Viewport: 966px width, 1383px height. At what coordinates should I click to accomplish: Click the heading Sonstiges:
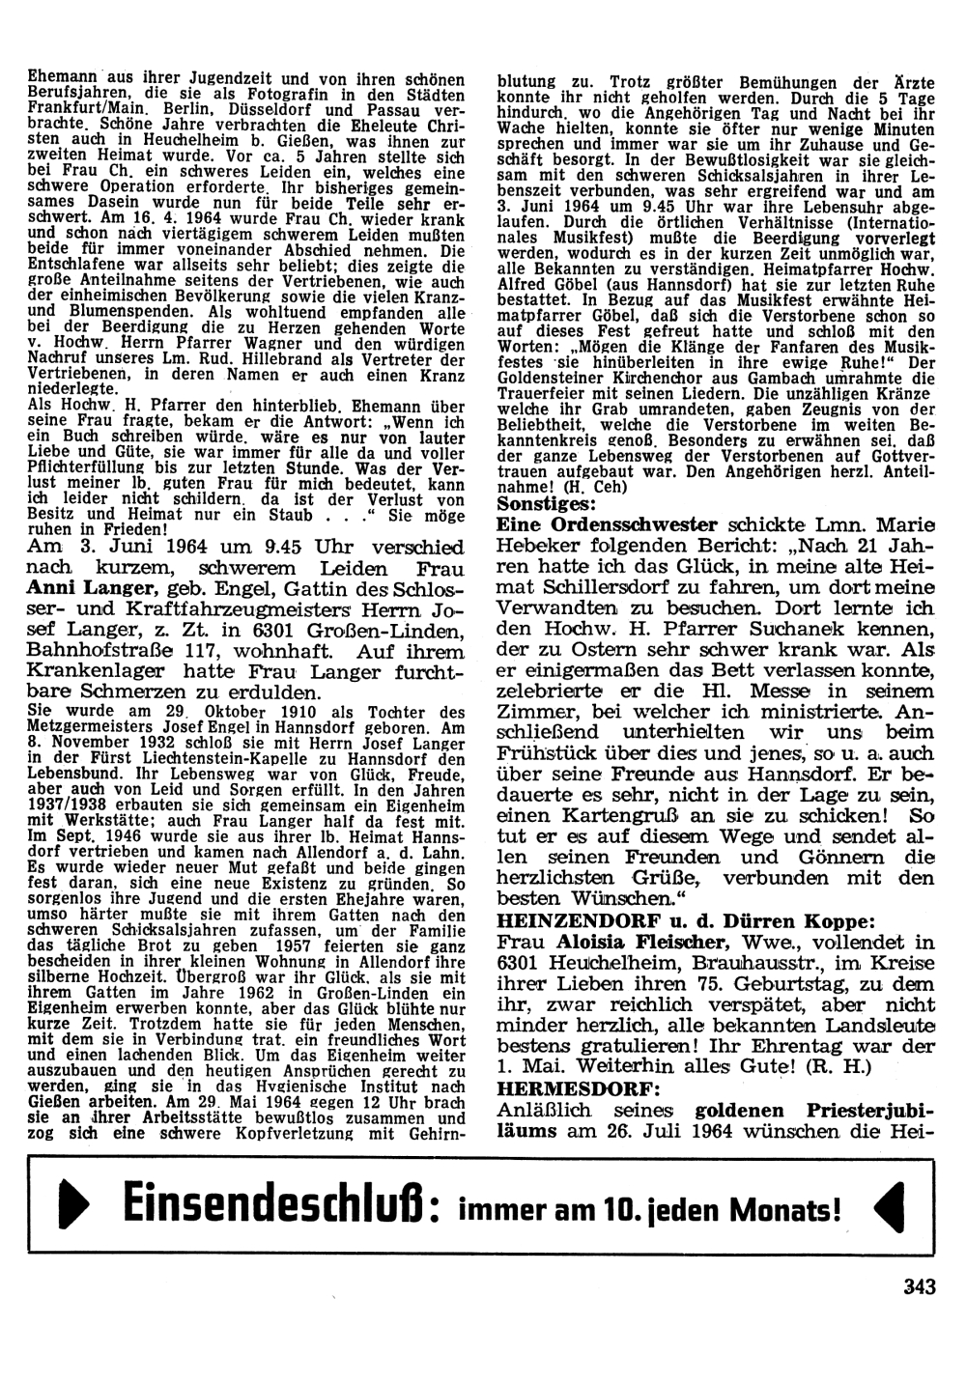click(x=546, y=503)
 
